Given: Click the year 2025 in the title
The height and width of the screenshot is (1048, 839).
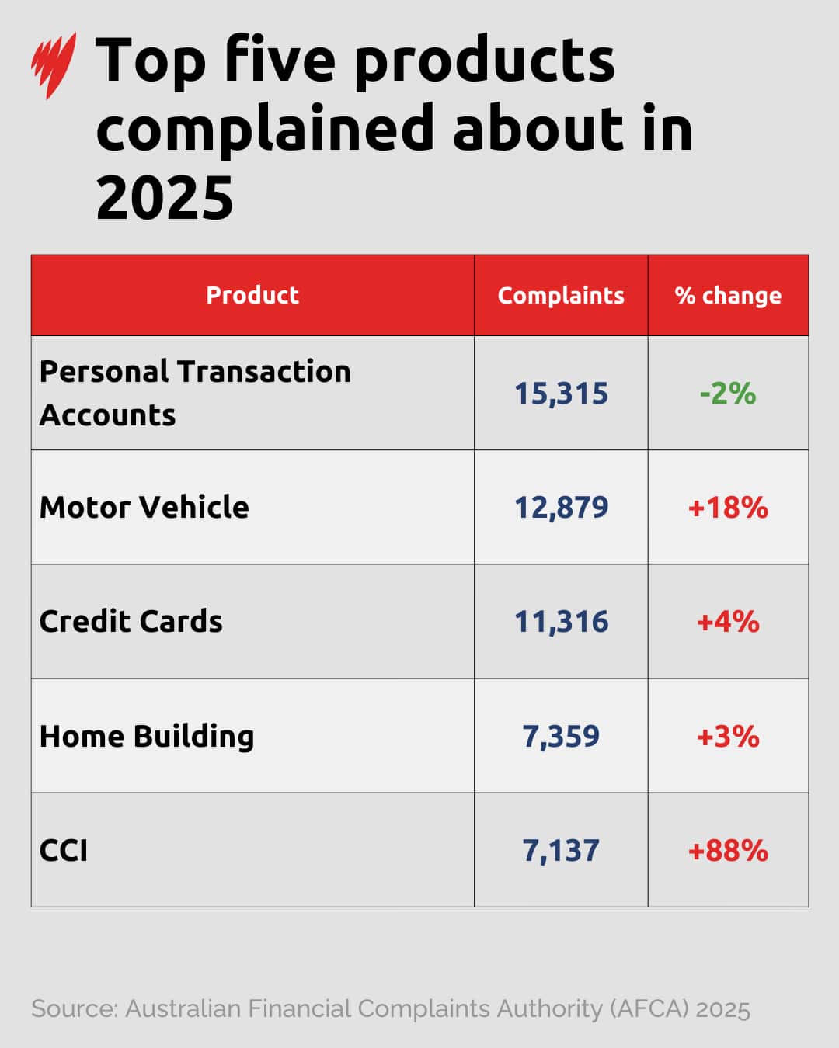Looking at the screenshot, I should click(165, 198).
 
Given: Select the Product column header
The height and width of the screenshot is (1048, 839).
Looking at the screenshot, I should click(252, 295).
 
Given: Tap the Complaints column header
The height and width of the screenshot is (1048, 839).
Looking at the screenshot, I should click(561, 295).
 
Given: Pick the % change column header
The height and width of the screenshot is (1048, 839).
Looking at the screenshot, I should click(728, 295).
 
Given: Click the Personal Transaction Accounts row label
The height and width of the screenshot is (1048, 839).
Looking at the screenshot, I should click(195, 393).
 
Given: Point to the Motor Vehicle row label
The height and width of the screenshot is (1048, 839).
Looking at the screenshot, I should click(144, 507).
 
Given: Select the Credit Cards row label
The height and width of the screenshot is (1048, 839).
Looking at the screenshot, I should click(131, 621).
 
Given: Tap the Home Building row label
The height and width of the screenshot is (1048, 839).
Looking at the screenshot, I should click(147, 736).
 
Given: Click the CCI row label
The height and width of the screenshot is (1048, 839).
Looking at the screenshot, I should click(64, 850).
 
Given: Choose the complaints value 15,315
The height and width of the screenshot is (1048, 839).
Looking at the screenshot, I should click(561, 394).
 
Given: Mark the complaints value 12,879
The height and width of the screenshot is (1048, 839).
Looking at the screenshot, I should click(561, 508).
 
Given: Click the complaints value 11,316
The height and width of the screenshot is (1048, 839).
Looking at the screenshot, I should click(561, 622).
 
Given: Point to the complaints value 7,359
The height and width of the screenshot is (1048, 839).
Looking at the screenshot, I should click(561, 736).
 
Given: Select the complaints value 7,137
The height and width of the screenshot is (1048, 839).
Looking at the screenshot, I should click(561, 851).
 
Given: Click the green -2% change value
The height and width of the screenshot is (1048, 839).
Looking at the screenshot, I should click(728, 394).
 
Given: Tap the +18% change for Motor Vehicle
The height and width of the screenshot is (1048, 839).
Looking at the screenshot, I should click(728, 508).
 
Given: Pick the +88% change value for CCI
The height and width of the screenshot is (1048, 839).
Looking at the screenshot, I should click(728, 851).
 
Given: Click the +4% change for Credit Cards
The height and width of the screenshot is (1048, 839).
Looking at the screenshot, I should click(728, 622).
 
